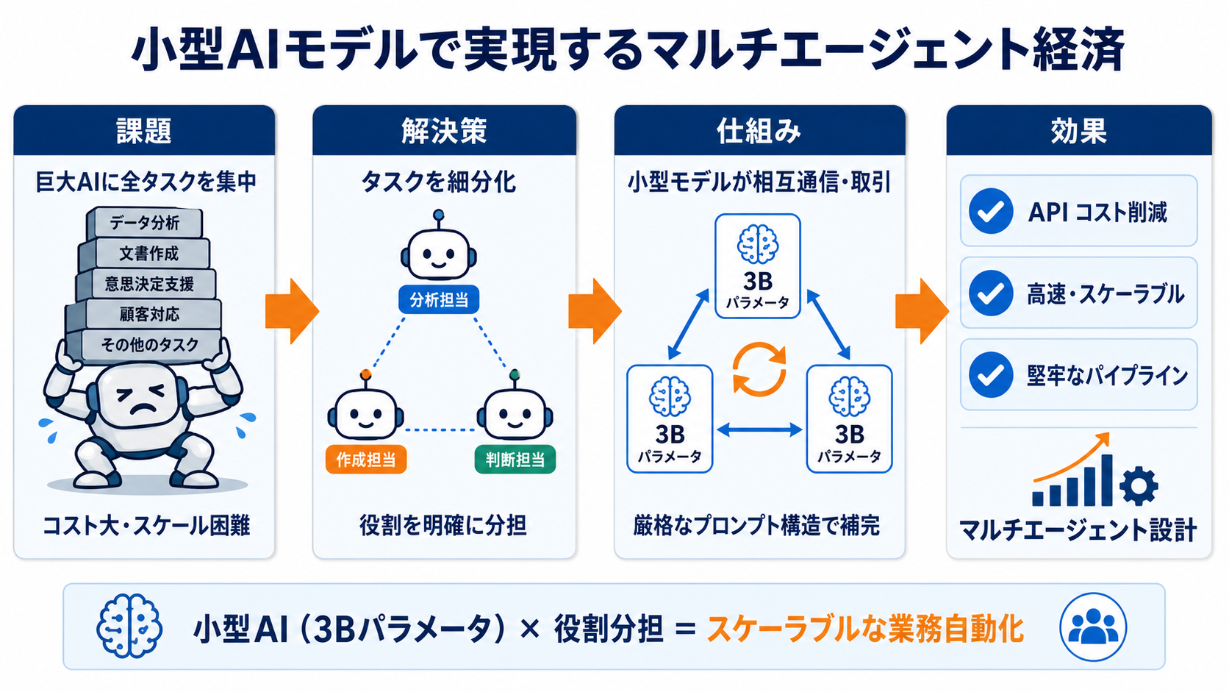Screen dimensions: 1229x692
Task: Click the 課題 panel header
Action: point(144,131)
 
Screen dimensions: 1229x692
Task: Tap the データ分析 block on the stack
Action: point(144,222)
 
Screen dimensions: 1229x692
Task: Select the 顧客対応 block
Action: point(144,315)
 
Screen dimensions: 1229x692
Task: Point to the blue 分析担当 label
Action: point(439,299)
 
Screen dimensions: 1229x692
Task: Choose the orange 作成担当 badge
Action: point(366,460)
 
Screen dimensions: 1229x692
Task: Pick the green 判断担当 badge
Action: point(515,460)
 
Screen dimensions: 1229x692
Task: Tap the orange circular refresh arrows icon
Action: point(759,369)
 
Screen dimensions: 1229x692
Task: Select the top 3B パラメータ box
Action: point(758,266)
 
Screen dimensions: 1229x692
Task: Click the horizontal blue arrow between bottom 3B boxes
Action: point(759,429)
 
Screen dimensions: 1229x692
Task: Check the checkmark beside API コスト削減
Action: point(991,211)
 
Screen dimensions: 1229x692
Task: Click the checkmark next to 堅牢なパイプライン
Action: point(991,375)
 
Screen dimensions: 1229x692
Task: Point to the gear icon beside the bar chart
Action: point(1139,485)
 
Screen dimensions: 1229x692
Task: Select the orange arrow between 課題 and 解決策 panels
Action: point(293,311)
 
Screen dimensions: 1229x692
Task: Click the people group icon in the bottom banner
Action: point(1093,627)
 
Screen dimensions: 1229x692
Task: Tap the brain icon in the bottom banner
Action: point(129,626)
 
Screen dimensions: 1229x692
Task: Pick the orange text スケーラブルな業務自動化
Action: point(865,629)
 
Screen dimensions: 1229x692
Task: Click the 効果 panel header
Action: point(1078,131)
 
